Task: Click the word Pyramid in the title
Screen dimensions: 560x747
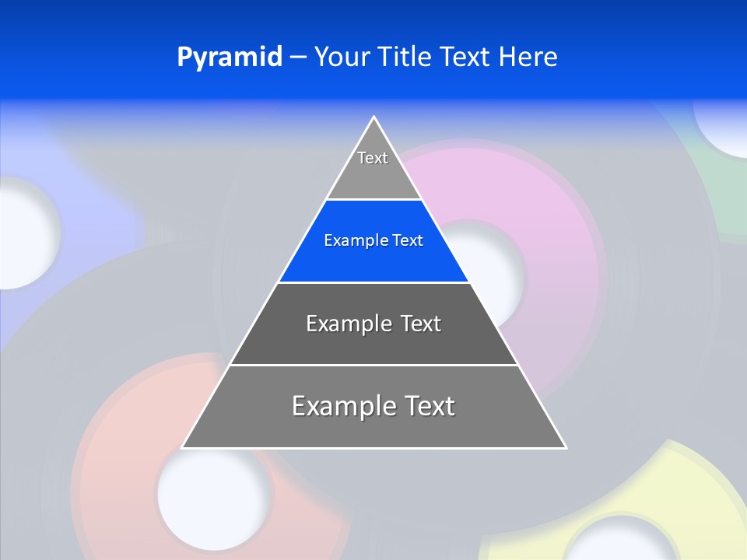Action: pos(230,58)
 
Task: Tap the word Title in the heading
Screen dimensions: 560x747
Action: pos(407,58)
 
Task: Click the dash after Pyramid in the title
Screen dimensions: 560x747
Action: pos(297,58)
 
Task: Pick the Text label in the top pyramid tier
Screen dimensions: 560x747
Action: pos(373,158)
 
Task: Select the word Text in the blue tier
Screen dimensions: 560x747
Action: pos(408,240)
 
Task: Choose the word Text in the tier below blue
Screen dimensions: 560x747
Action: pos(421,324)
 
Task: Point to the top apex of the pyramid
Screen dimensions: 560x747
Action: pos(374,117)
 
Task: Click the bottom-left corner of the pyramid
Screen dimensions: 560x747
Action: pos(183,447)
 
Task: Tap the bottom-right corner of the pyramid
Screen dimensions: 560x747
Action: pos(565,447)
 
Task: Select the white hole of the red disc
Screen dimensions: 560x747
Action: pos(214,493)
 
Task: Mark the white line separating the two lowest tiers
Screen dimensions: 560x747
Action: pos(373,365)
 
